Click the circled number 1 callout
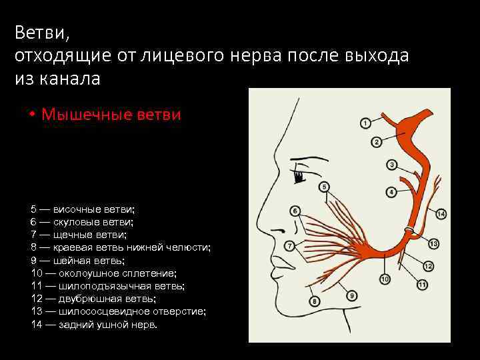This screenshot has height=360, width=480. click(x=365, y=123)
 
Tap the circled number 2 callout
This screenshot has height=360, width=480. click(x=376, y=141)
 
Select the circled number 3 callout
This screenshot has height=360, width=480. click(x=392, y=165)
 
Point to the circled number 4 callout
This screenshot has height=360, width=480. click(x=392, y=191)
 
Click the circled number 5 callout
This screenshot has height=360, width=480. click(x=324, y=187)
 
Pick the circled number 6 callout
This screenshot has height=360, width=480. click(x=295, y=211)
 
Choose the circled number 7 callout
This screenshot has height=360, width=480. click(x=289, y=245)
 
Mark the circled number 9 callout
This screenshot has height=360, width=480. click(x=352, y=295)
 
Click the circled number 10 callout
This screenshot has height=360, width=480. click(x=385, y=278)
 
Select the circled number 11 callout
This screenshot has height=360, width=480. click(x=422, y=285)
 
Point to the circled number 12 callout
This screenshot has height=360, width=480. click(x=428, y=266)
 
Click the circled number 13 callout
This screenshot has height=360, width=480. click(x=433, y=243)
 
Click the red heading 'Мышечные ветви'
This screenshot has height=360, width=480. click(x=111, y=114)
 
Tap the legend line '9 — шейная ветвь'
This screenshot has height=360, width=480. click(x=77, y=260)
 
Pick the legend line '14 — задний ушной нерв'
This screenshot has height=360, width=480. click(x=94, y=324)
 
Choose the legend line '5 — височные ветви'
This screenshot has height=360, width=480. click(x=83, y=209)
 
